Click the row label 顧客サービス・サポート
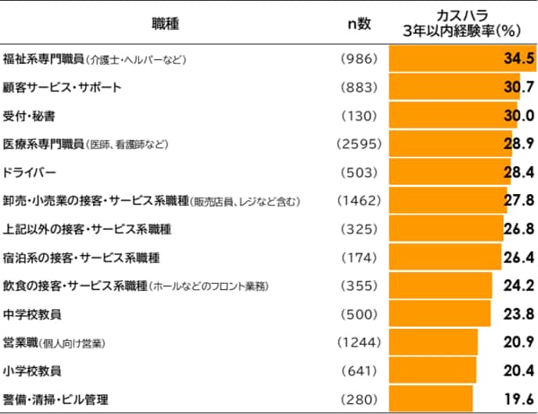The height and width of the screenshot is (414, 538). pyautogui.click(x=63, y=88)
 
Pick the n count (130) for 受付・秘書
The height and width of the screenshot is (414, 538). pyautogui.click(x=360, y=116)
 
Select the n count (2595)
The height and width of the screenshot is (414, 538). pyautogui.click(x=359, y=144)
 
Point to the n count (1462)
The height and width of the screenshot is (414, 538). pyautogui.click(x=359, y=200)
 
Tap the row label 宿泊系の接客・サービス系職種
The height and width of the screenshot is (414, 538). pyautogui.click(x=82, y=257)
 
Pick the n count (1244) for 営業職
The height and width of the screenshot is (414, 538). pyautogui.click(x=359, y=342)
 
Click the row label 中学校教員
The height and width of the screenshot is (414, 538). pyautogui.click(x=33, y=313)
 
